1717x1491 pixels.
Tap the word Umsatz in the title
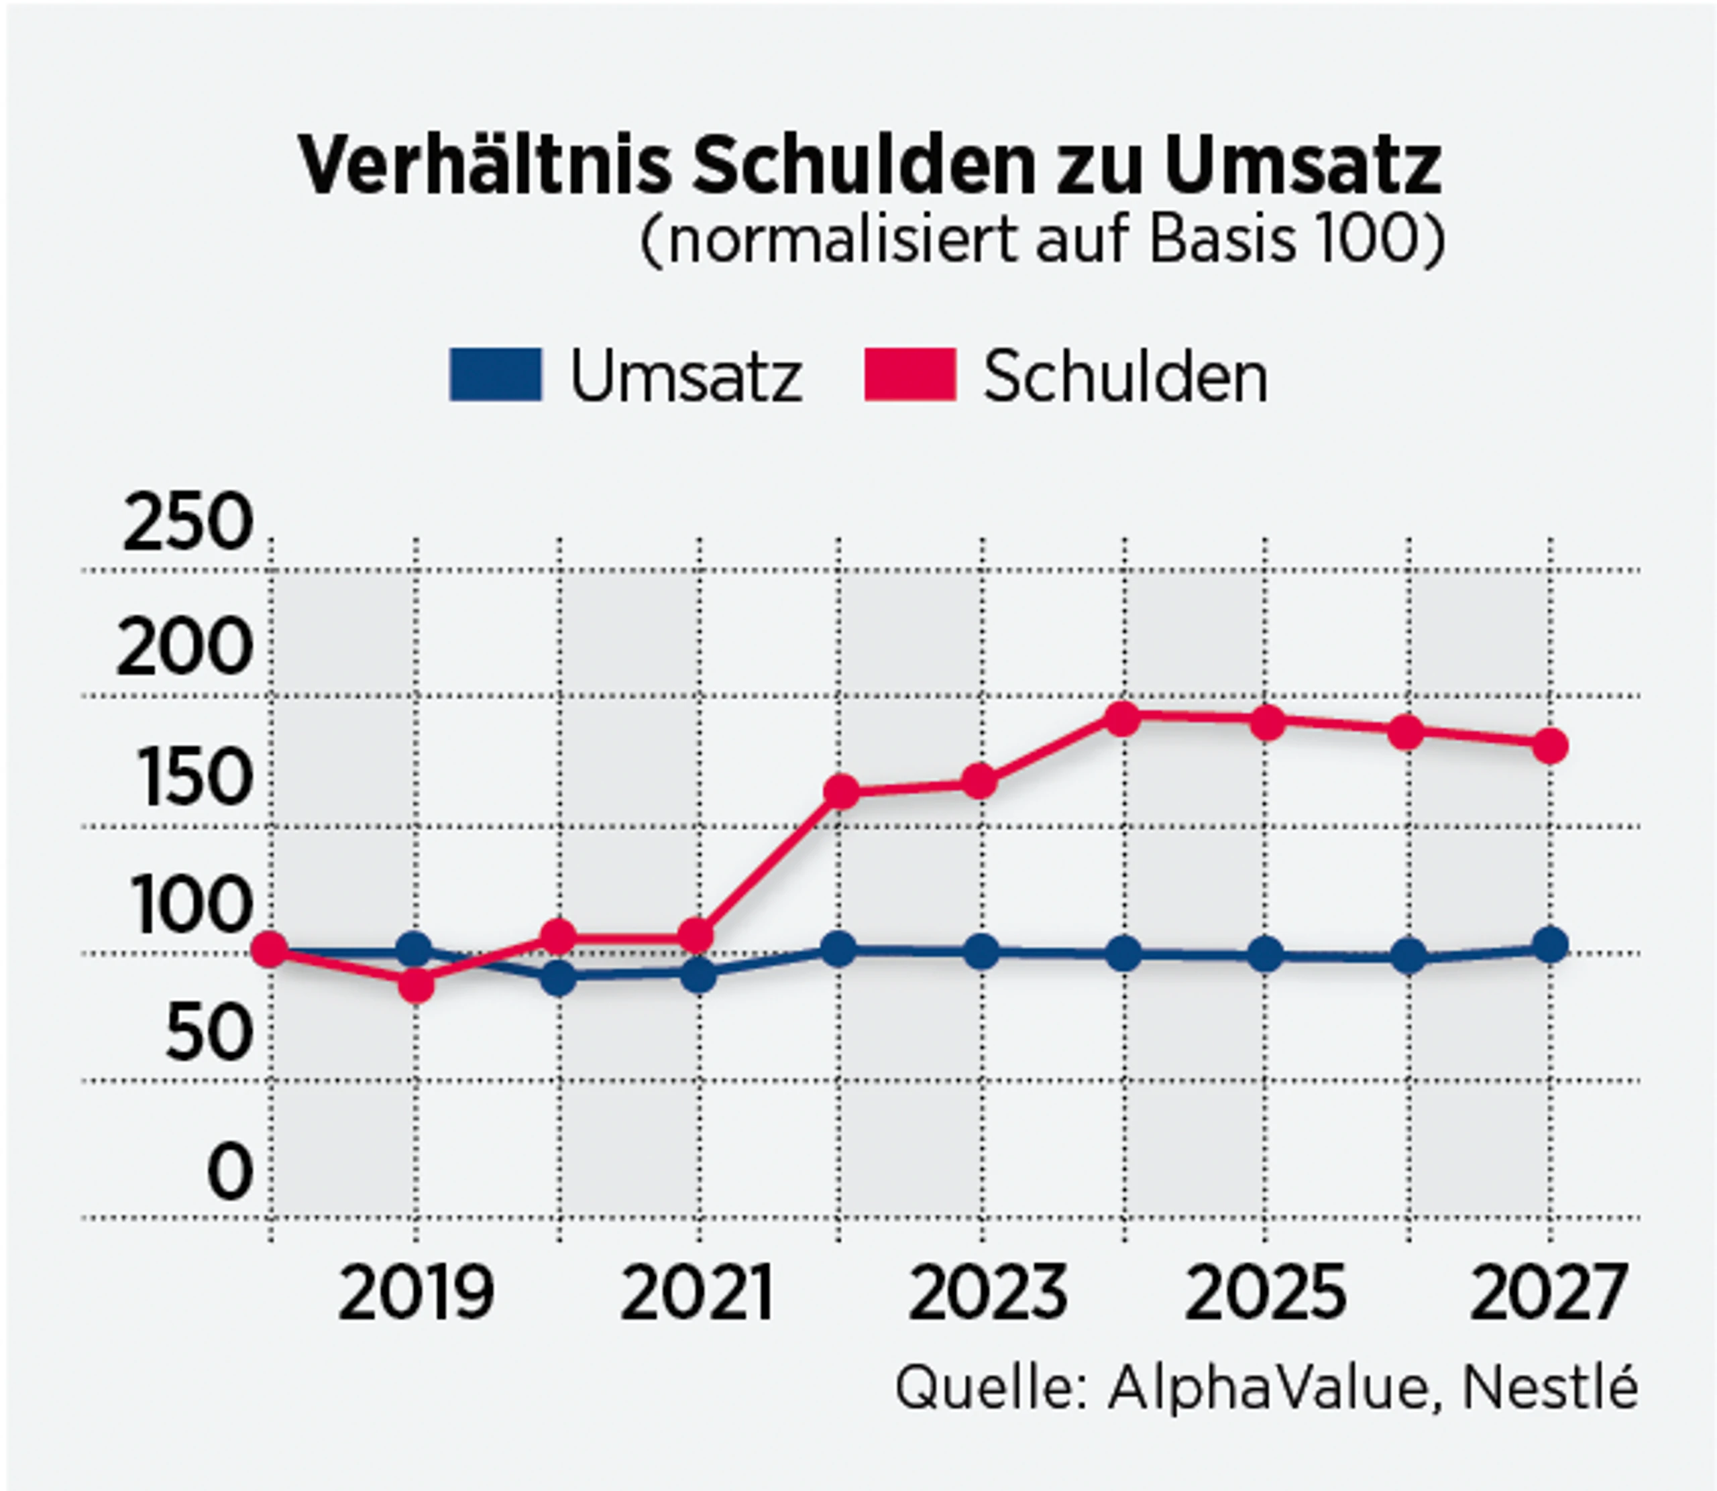1303,166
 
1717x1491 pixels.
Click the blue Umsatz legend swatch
495,375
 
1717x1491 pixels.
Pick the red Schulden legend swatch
910,375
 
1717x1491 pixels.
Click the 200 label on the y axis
184,649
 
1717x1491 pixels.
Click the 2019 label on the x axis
416,1294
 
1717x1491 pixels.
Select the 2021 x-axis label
697,1294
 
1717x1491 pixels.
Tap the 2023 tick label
987,1294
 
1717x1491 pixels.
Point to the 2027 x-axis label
1547,1294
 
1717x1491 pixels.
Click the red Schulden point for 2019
416,985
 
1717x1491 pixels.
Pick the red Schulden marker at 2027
1551,746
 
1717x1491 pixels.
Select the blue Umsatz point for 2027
1551,945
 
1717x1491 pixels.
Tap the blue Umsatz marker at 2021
698,975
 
